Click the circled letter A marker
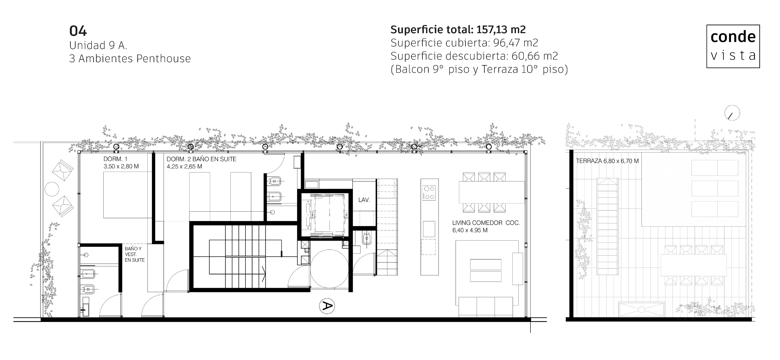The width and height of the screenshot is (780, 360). click(x=327, y=306)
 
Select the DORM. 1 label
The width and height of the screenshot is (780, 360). click(x=115, y=159)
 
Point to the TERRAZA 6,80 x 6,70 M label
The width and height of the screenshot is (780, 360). click(x=607, y=161)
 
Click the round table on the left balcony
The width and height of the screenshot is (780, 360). click(x=52, y=189)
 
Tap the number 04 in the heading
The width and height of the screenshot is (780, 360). click(x=78, y=31)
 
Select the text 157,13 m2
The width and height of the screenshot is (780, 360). click(x=501, y=29)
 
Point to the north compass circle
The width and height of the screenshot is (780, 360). click(x=732, y=113)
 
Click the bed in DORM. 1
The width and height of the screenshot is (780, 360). click(x=127, y=195)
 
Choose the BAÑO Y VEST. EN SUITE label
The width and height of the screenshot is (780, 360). click(x=135, y=254)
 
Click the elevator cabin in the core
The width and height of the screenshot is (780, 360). click(x=325, y=215)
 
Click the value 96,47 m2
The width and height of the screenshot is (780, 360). click(x=516, y=43)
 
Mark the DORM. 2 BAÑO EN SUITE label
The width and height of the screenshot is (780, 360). click(x=201, y=159)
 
